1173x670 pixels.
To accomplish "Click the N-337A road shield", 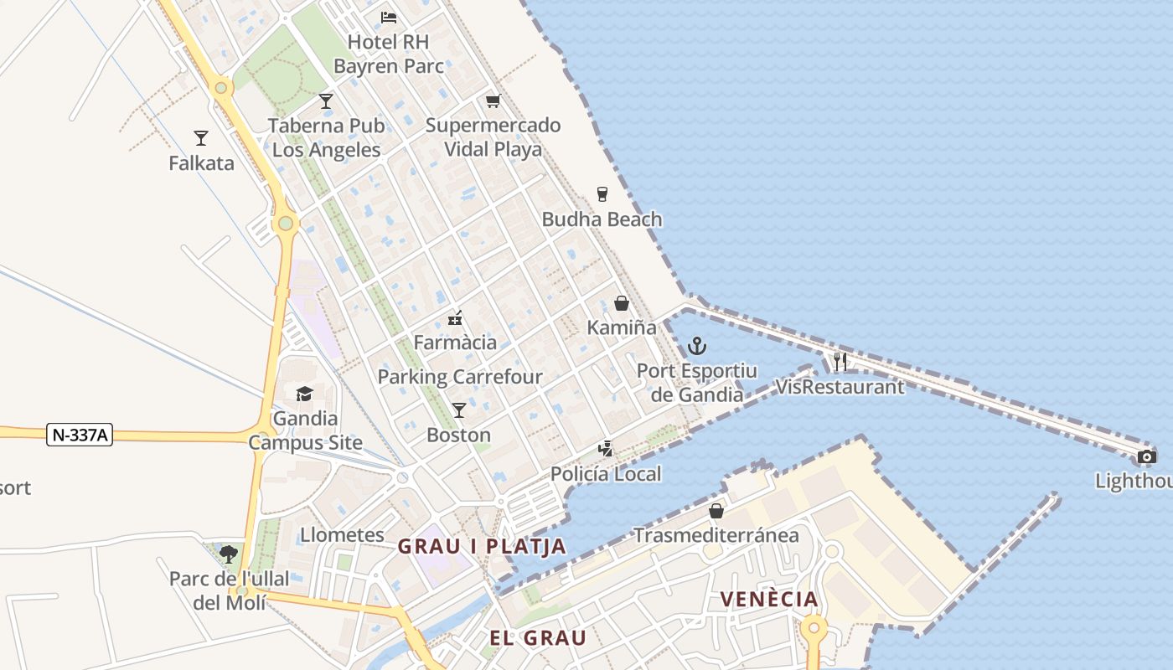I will click(80, 435).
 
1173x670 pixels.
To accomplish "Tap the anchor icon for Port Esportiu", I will click(697, 345).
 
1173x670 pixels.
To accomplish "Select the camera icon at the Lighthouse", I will click(1147, 456).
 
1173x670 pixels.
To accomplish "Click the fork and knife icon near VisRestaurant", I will click(840, 362).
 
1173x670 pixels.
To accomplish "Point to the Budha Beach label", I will click(602, 219).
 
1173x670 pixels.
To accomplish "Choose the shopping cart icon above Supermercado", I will click(493, 101).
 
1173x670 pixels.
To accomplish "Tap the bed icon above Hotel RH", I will click(389, 17).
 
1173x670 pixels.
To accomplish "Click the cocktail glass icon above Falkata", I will click(201, 137).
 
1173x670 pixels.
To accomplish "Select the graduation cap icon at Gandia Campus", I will click(304, 394).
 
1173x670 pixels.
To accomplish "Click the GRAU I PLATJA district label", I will click(482, 547).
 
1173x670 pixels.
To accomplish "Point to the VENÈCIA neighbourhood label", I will click(769, 599).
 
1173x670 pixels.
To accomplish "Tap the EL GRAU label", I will click(538, 637).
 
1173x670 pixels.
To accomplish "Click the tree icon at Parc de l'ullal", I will click(228, 553).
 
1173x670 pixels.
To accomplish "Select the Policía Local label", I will click(606, 474).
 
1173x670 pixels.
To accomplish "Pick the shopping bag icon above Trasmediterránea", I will click(716, 510).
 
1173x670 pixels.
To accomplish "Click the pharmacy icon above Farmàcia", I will click(455, 317).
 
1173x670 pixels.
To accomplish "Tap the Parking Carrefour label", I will click(460, 377).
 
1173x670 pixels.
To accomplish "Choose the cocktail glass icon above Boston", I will click(459, 410).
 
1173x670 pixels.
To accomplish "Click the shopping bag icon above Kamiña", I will click(622, 303).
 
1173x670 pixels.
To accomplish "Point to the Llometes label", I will click(342, 534).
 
